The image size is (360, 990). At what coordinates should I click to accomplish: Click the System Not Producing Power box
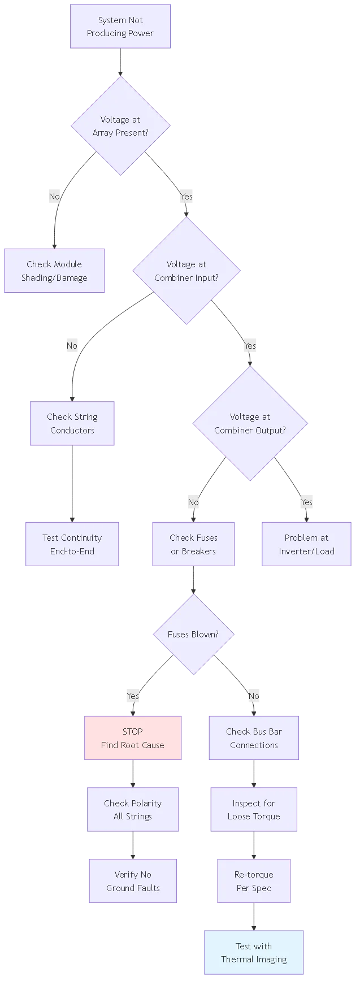(x=120, y=27)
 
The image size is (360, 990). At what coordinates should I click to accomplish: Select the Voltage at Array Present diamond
(x=120, y=126)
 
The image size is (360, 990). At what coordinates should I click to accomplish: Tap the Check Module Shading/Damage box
(x=54, y=271)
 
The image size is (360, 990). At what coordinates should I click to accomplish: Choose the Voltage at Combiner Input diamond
(x=186, y=271)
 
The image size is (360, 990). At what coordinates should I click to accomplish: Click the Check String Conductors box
(x=72, y=423)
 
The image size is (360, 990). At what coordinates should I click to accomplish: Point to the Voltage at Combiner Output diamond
(x=250, y=423)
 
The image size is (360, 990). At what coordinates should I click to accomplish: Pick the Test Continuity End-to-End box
(x=72, y=544)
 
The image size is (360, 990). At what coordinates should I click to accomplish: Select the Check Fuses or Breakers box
(x=193, y=544)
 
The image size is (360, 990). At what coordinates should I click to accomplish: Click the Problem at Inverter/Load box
(x=306, y=544)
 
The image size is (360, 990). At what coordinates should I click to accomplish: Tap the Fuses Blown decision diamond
(x=193, y=634)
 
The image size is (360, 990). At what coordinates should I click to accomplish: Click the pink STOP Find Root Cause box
(x=133, y=738)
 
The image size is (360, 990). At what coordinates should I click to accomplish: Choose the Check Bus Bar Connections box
(x=254, y=738)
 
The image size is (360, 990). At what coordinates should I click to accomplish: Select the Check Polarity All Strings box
(x=133, y=809)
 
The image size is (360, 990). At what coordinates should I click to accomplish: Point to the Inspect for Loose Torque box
(x=254, y=809)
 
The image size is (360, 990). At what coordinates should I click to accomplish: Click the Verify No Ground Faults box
(x=133, y=881)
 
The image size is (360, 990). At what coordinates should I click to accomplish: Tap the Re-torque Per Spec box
(x=254, y=881)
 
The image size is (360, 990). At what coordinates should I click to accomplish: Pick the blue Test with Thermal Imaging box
(x=254, y=952)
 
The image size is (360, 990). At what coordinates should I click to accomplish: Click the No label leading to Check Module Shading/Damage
(x=54, y=196)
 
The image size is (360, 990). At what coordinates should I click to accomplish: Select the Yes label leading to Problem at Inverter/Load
(x=306, y=502)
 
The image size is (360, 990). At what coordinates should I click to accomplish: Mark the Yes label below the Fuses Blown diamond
(x=133, y=696)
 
